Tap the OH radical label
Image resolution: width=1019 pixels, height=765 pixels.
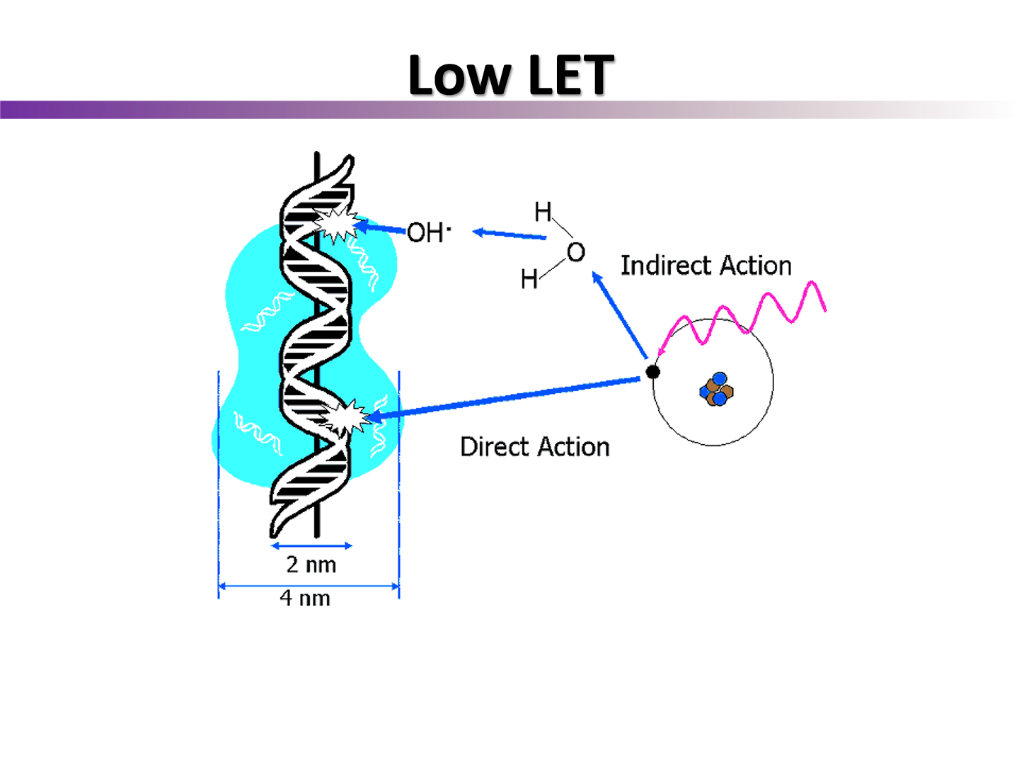[x=427, y=232]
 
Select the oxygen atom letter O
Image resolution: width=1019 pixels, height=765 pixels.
[x=576, y=252]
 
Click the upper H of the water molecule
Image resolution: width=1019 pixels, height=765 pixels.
[x=543, y=212]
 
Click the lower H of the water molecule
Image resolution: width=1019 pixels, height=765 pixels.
[x=529, y=279]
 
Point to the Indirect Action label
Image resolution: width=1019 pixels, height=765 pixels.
[x=706, y=266]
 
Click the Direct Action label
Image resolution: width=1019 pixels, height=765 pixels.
[x=534, y=447]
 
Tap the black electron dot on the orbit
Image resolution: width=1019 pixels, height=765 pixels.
[x=653, y=372]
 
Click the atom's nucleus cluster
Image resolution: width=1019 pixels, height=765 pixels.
[x=717, y=390]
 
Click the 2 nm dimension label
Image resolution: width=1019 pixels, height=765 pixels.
[x=311, y=565]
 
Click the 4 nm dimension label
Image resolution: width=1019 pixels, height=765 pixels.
[x=305, y=598]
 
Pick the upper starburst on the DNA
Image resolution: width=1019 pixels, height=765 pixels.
[x=335, y=225]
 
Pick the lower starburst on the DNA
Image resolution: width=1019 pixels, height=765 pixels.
[x=347, y=418]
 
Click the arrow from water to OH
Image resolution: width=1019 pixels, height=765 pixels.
[x=509, y=234]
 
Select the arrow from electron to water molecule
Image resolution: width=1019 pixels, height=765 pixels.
[x=620, y=316]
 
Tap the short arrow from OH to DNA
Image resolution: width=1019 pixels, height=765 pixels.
[x=382, y=228]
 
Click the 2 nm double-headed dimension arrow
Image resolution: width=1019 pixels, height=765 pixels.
[x=311, y=546]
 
